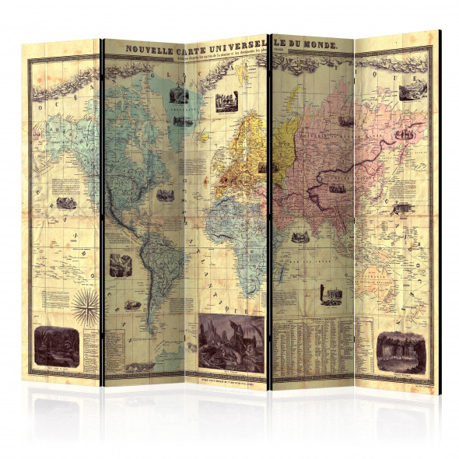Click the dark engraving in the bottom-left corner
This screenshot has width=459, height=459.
(55, 342)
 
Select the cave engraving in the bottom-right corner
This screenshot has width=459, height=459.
(399, 346)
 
